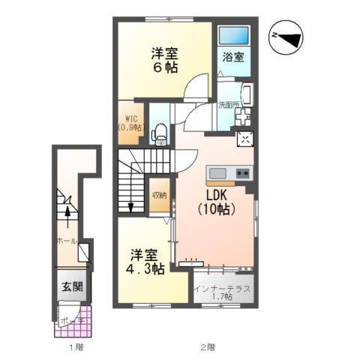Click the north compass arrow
point(287,36)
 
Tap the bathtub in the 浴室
point(233,35)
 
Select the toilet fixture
point(158,134)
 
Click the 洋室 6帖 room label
point(163,58)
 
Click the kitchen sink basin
point(217,174)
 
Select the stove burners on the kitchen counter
point(241,174)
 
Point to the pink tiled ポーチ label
point(73,318)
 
